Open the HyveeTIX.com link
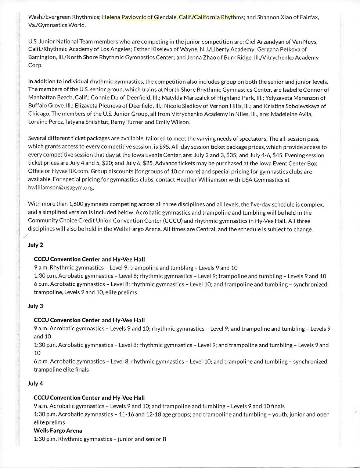point(70,171)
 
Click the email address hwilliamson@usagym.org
point(61,187)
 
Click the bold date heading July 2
point(35,245)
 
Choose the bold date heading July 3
point(35,306)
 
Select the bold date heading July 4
point(35,384)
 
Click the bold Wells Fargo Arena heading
point(58,430)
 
